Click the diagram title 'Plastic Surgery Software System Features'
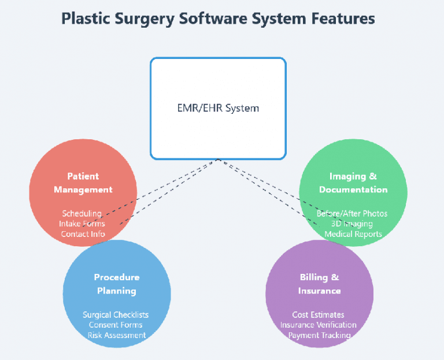click(x=218, y=18)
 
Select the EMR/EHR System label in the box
click(x=218, y=108)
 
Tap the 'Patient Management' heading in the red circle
click(x=83, y=183)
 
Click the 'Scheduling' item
click(x=82, y=214)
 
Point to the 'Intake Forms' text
click(x=82, y=224)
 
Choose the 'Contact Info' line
click(x=83, y=234)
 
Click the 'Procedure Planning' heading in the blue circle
click(x=117, y=284)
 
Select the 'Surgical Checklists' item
click(x=116, y=315)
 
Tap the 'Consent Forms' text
click(x=116, y=325)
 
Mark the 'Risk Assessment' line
click(x=117, y=335)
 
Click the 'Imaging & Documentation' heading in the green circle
click(x=353, y=183)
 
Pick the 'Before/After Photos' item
click(x=352, y=214)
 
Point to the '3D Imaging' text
click(x=352, y=224)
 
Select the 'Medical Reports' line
click(x=353, y=234)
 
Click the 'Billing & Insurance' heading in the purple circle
click(x=319, y=284)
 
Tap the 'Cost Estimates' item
click(x=319, y=315)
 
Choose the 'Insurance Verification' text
click(x=319, y=325)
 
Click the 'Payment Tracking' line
click(x=319, y=335)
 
